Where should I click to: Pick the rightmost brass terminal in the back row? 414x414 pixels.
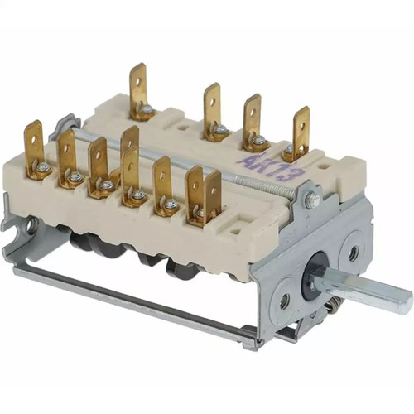pos(299,134)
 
